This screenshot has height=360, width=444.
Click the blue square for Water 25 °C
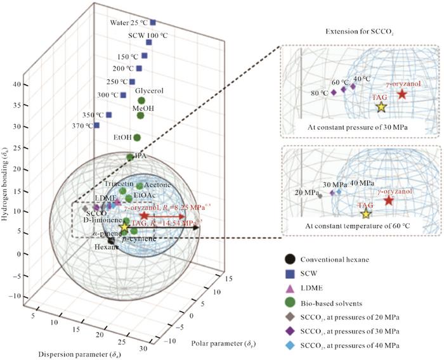[x=153, y=22]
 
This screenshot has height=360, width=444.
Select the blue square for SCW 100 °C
[x=149, y=42]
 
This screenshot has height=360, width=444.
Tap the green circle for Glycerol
[x=142, y=101]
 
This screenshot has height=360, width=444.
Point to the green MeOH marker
[x=141, y=115]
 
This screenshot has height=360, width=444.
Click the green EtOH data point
[x=136, y=138]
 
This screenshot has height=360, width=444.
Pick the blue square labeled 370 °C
[x=96, y=125]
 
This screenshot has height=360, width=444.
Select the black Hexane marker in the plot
[x=111, y=240]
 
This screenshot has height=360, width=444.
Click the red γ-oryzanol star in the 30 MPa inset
[x=402, y=94]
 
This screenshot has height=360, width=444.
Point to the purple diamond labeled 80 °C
[x=334, y=93]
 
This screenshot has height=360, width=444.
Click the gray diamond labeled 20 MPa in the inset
[x=319, y=196]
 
